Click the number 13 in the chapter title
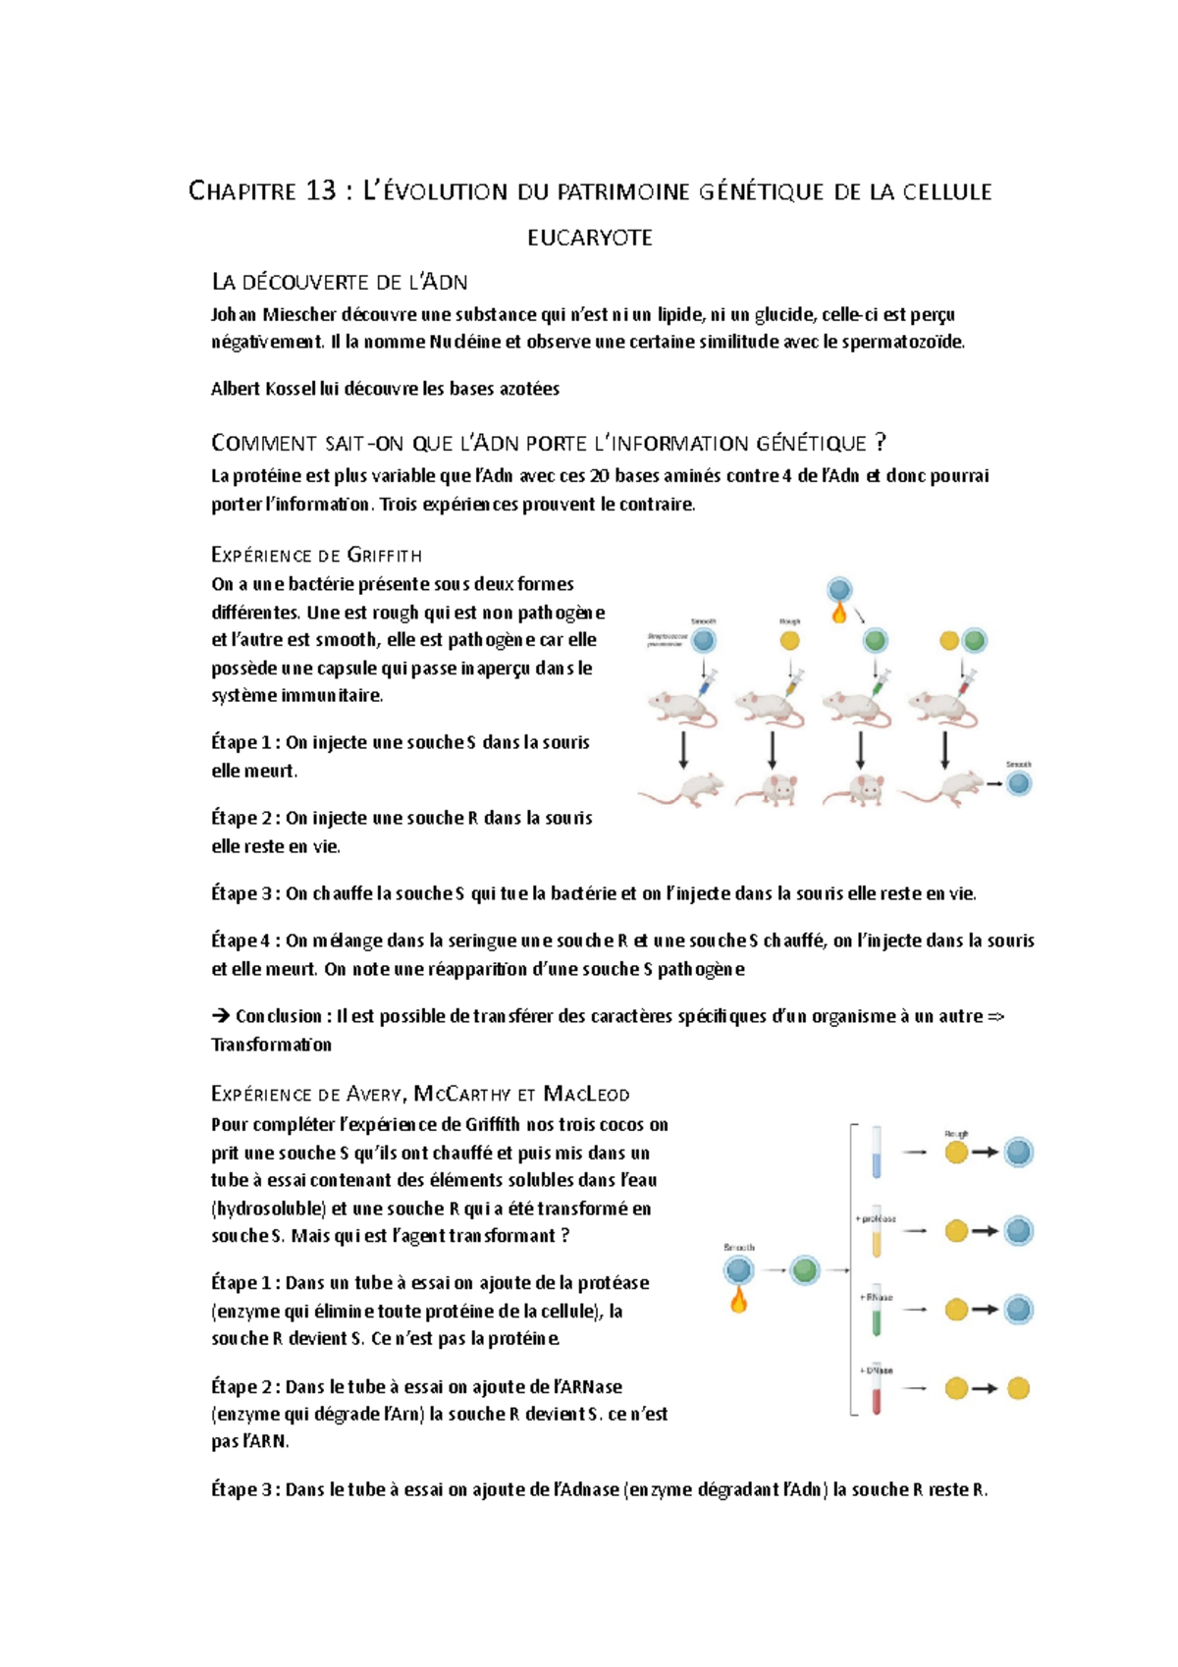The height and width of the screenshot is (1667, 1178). pyautogui.click(x=320, y=190)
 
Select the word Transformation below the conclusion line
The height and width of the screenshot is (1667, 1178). pyautogui.click(x=271, y=1045)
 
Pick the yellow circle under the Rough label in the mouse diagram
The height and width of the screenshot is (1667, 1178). pyautogui.click(x=789, y=641)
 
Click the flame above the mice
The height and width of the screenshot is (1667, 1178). pyautogui.click(x=838, y=614)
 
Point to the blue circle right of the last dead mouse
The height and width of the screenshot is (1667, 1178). pyautogui.click(x=1020, y=783)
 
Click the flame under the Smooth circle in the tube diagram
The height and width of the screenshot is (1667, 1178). pyautogui.click(x=738, y=1302)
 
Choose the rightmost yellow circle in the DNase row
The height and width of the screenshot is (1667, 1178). pyautogui.click(x=1019, y=1388)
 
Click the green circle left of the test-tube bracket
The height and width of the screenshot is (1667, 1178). pyautogui.click(x=805, y=1270)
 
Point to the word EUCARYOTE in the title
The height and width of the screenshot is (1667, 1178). pyautogui.click(x=589, y=238)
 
